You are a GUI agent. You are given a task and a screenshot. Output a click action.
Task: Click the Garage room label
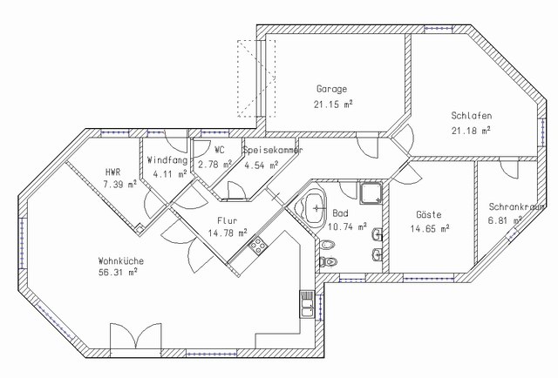pyautogui.click(x=331, y=89)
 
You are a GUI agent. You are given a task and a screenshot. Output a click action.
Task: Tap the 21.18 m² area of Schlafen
pyautogui.click(x=471, y=131)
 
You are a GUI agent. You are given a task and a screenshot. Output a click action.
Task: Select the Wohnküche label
pyautogui.click(x=121, y=260)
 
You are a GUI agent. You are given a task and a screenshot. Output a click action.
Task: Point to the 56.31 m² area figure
pyautogui.click(x=118, y=273)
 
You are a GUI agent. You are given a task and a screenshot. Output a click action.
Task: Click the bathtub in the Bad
pyautogui.click(x=313, y=208)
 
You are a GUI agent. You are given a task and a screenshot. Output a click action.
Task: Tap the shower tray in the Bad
pyautogui.click(x=371, y=193)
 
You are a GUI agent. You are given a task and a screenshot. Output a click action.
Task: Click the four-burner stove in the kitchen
pyautogui.click(x=258, y=246)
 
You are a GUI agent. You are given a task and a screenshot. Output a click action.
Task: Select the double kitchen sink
pyautogui.click(x=307, y=304)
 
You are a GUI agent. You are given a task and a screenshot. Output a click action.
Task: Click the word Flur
pyautogui.click(x=228, y=220)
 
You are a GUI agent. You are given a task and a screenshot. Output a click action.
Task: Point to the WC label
pyautogui.click(x=220, y=150)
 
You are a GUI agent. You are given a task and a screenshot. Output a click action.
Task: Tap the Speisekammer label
pyautogui.click(x=273, y=150)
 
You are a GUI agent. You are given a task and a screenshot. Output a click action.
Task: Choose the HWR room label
pyautogui.click(x=112, y=172)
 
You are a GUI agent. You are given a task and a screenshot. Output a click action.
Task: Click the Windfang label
pyautogui.click(x=167, y=160)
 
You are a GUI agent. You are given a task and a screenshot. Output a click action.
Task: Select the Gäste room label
pyautogui.click(x=429, y=214)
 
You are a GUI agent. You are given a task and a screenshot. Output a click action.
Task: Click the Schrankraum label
pyautogui.click(x=517, y=207)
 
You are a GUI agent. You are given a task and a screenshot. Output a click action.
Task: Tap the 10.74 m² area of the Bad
pyautogui.click(x=347, y=226)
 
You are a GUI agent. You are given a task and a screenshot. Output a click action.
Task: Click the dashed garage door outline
pyautogui.click(x=256, y=78)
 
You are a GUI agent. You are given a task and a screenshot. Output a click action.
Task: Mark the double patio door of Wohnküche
pyautogui.click(x=136, y=335)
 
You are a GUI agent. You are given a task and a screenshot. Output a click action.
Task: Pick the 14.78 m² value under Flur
pyautogui.click(x=228, y=233)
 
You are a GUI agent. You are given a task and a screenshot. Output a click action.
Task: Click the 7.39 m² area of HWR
pyautogui.click(x=120, y=184)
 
